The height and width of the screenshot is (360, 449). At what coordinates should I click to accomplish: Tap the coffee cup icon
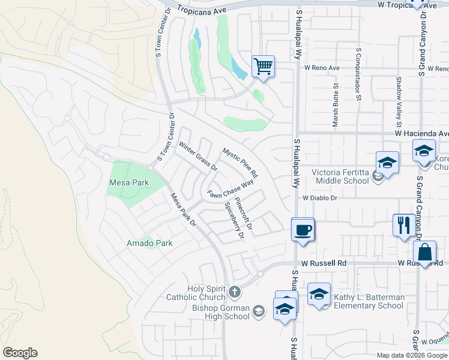tap(303, 229)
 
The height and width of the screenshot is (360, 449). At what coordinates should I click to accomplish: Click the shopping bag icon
tap(424, 253)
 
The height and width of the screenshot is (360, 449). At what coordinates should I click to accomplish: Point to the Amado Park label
tap(149, 243)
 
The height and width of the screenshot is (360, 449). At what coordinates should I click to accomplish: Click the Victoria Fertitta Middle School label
tap(340, 176)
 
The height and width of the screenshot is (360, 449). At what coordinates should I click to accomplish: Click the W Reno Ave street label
tap(321, 68)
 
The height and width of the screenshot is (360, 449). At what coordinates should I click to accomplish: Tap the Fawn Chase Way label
tap(231, 190)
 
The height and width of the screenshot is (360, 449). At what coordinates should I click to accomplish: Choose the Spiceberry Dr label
tap(234, 220)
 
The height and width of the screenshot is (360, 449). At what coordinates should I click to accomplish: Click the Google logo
tap(20, 353)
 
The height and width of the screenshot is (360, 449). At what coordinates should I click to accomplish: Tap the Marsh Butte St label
tap(335, 109)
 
